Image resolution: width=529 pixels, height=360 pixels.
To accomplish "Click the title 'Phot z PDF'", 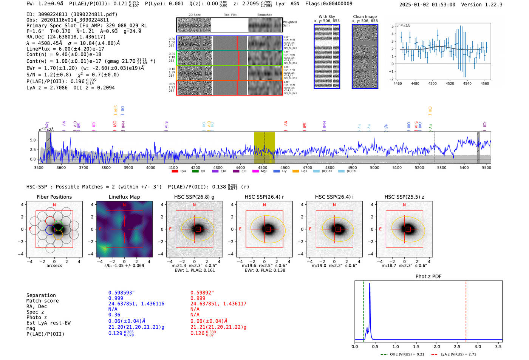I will [428, 277].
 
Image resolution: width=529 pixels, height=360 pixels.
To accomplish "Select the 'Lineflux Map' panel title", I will [124, 197].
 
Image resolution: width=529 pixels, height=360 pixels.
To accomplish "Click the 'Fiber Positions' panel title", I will [54, 197].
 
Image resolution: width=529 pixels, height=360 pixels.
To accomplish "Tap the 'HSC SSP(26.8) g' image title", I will [194, 197].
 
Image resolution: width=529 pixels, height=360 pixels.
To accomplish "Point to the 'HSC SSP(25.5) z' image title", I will [404, 197].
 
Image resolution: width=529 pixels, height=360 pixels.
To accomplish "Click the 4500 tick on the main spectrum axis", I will [263, 168].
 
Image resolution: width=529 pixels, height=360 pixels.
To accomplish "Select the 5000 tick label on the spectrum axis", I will [374, 168].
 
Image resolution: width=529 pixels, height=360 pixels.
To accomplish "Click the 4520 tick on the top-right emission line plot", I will [450, 83].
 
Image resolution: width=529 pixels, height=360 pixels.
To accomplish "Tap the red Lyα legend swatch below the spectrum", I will [175, 172].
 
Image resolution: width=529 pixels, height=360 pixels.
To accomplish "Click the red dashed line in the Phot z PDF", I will [466, 310].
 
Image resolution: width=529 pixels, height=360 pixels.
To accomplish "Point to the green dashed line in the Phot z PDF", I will [363, 310].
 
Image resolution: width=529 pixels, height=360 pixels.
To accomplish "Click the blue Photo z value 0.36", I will [114, 315].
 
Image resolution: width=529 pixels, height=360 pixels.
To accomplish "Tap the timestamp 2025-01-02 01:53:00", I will [427, 5].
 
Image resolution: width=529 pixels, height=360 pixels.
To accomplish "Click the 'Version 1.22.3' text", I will [482, 5].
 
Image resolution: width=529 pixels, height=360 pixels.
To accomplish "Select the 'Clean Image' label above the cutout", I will [365, 17].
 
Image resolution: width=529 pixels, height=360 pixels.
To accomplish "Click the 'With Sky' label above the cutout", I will [327, 17].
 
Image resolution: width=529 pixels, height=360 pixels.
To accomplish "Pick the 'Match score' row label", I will [42, 301].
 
